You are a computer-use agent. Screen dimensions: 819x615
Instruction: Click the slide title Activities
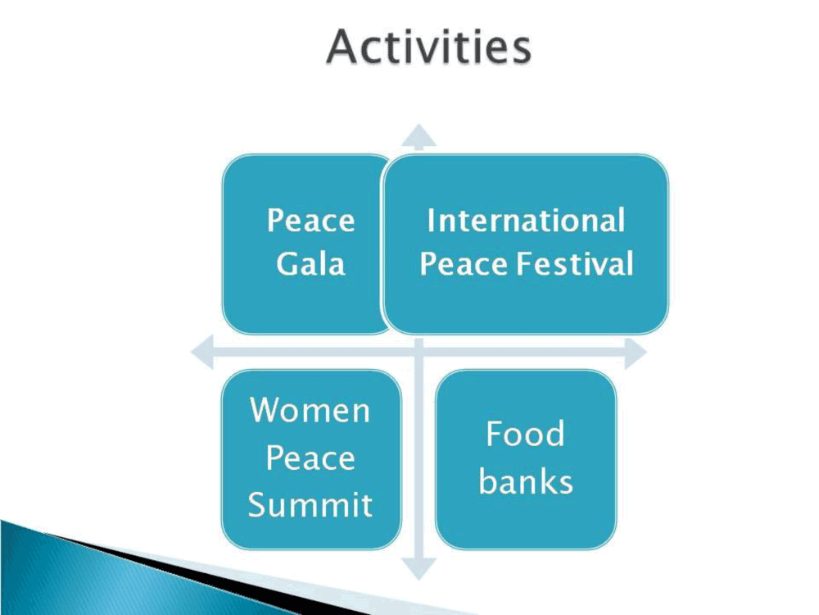coord(429,47)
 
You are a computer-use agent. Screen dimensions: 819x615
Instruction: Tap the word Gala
coord(310,263)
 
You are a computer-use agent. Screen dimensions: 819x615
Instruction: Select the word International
coord(526,220)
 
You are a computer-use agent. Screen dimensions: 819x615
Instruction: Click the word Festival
coord(576,263)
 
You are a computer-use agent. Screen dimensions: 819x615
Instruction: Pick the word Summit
coord(310,504)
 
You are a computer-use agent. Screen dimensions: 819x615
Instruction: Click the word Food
coord(526,434)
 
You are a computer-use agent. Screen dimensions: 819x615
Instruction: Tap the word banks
coord(526,481)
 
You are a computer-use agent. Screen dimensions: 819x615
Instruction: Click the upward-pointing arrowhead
coord(419,136)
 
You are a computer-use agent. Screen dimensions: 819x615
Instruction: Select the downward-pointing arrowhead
coord(419,568)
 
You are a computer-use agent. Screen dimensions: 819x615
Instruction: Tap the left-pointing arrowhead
coord(202,353)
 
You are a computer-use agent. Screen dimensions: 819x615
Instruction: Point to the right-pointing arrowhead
coord(636,353)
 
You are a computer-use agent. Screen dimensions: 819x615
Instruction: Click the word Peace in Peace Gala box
coord(310,220)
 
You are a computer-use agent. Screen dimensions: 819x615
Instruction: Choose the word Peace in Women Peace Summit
coord(310,458)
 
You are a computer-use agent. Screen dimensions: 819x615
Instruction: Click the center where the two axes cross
coord(419,353)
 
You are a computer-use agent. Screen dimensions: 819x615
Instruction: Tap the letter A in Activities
coord(344,47)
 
